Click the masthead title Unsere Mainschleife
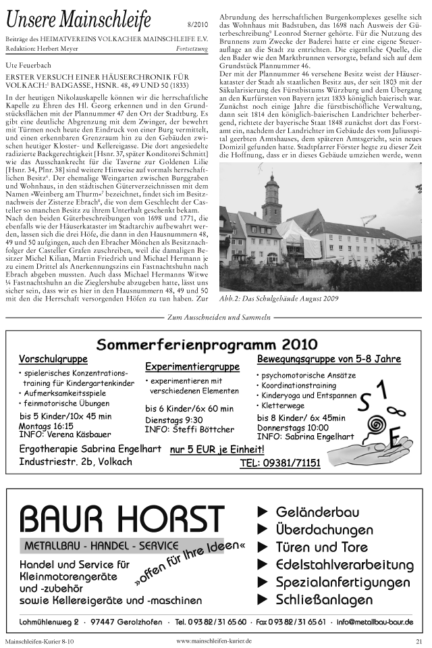pos(78,20)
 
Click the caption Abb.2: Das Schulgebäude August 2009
pos(279,298)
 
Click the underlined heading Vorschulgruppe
pos(53,358)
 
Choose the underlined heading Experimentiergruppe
pos(192,367)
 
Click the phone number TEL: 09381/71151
pos(280,464)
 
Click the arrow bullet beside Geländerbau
pos(263,512)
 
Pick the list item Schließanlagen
pos(324,600)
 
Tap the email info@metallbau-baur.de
pos(375,622)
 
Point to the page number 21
pos(418,641)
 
